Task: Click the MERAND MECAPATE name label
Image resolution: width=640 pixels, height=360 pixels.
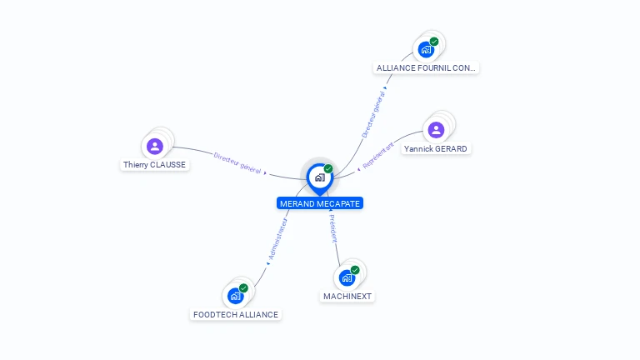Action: [320, 203]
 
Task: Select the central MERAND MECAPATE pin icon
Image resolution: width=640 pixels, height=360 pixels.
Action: [319, 177]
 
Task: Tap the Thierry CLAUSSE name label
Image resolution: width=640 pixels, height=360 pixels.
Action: [155, 165]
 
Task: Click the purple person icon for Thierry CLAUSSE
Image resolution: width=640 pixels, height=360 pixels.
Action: [154, 147]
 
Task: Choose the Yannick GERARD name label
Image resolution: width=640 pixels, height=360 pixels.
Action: [435, 149]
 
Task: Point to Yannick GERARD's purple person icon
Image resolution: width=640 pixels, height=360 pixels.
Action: [435, 130]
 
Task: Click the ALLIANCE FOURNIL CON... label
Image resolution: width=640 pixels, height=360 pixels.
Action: [427, 68]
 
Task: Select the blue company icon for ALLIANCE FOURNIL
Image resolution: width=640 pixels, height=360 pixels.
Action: [426, 49]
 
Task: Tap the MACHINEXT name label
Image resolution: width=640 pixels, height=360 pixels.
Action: [347, 297]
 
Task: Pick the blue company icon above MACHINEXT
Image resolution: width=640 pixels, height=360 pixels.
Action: [347, 277]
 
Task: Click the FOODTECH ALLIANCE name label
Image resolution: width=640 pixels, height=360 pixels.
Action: [236, 315]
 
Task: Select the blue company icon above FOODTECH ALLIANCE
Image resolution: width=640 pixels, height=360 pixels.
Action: [235, 295]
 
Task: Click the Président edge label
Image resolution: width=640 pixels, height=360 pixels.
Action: [332, 227]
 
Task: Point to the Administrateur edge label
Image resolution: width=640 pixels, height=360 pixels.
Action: [278, 239]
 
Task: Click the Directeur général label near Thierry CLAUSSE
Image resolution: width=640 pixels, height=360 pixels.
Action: [237, 162]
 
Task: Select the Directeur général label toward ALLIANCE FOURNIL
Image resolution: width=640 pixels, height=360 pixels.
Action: [373, 115]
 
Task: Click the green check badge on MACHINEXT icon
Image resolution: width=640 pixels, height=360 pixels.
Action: [355, 270]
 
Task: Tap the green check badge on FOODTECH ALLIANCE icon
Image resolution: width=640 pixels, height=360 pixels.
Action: [243, 287]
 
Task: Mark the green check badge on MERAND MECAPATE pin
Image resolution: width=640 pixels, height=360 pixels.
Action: [328, 168]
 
